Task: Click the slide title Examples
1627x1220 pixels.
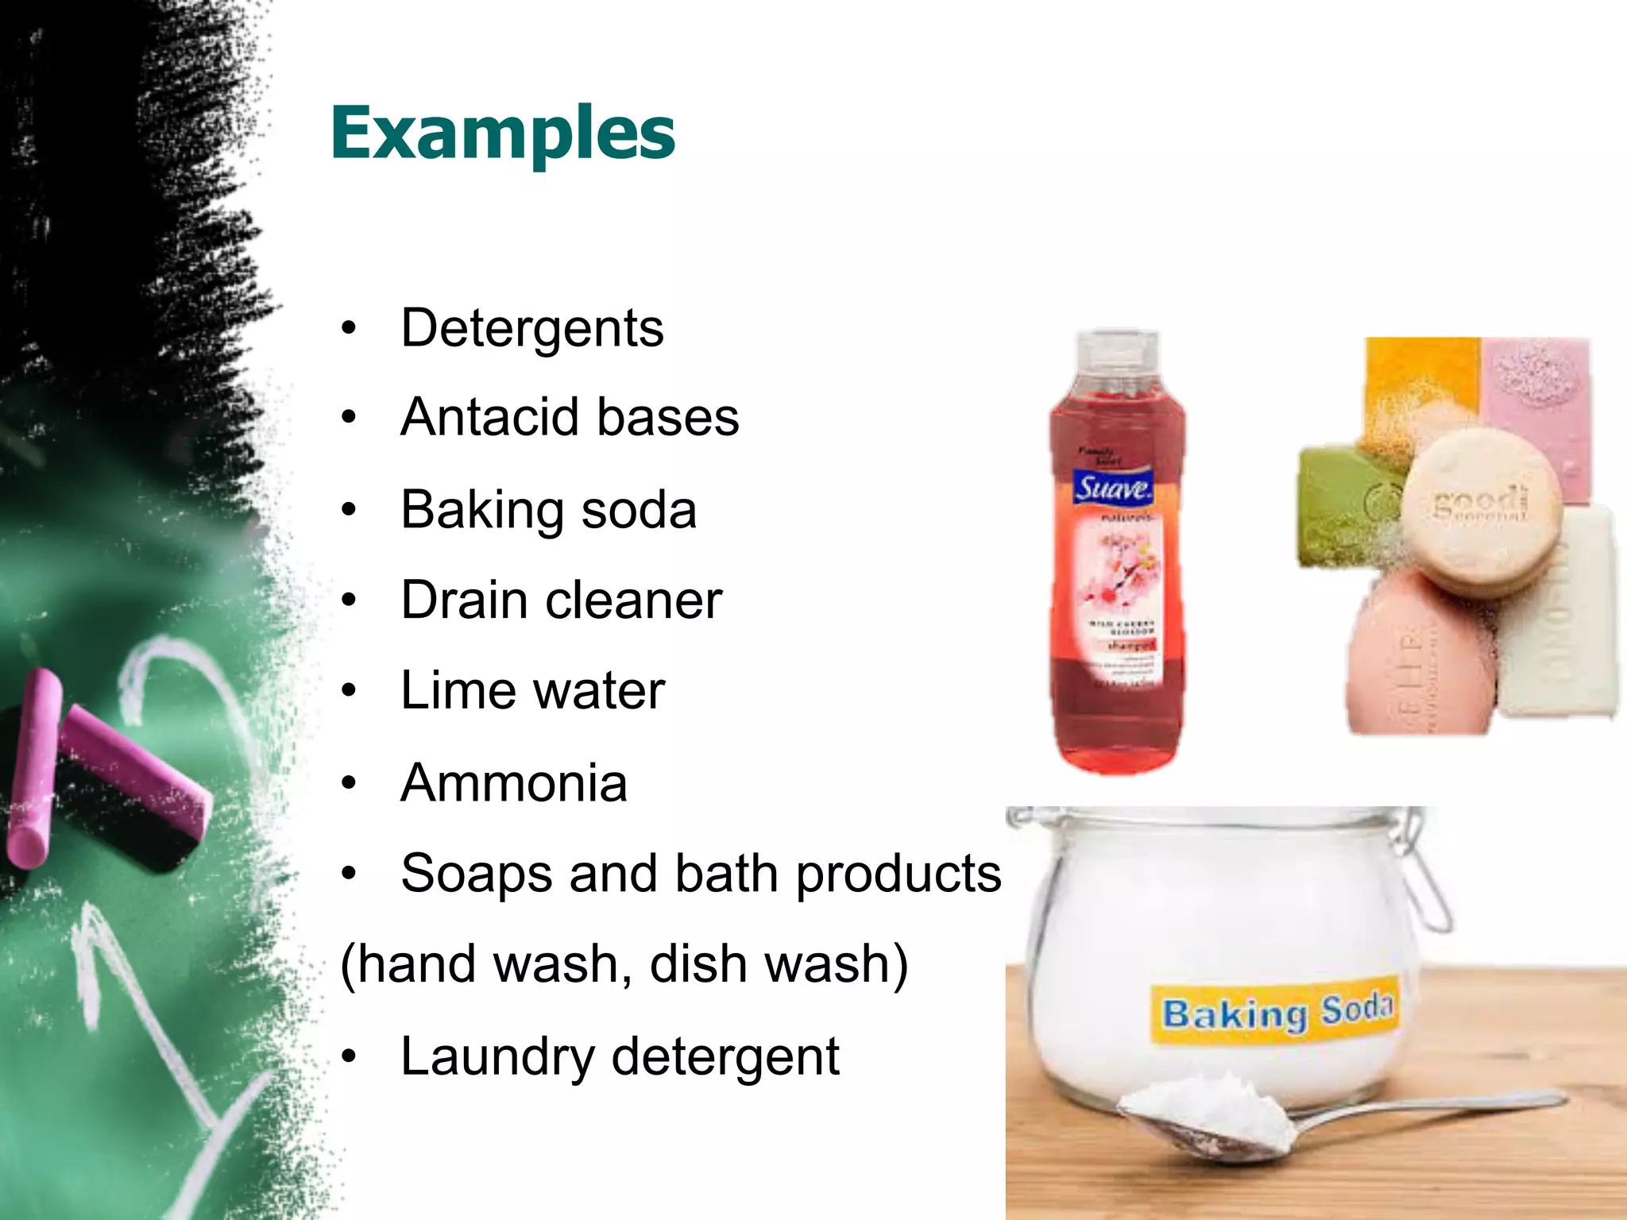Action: pyautogui.click(x=502, y=133)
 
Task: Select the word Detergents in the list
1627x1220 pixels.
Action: pyautogui.click(x=531, y=328)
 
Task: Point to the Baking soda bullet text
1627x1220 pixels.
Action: pyautogui.click(x=548, y=509)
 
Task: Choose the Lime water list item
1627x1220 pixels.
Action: pyautogui.click(x=532, y=690)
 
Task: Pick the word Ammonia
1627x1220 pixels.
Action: pyautogui.click(x=514, y=783)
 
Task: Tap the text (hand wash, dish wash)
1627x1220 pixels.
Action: pyautogui.click(x=624, y=964)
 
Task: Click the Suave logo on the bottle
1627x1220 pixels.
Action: pyautogui.click(x=1113, y=487)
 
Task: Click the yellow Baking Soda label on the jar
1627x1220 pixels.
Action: pyautogui.click(x=1276, y=1011)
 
